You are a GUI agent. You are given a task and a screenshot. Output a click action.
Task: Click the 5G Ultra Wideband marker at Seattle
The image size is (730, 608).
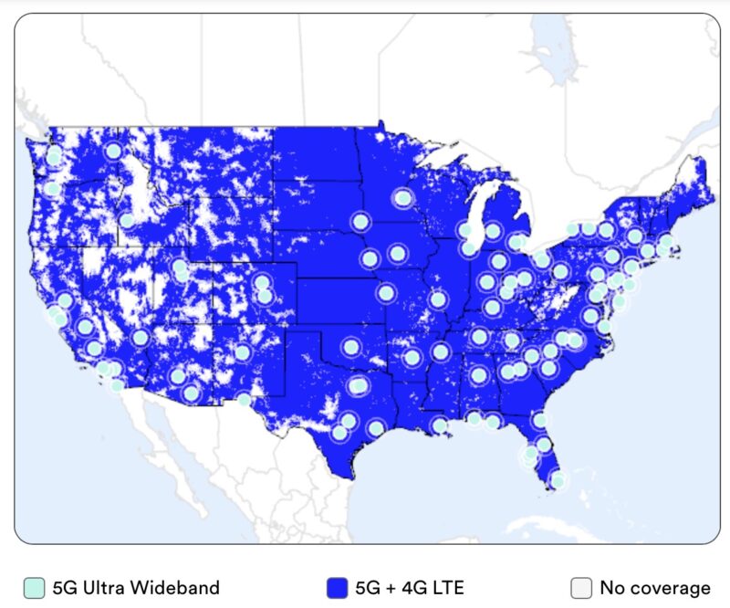[x=55, y=156]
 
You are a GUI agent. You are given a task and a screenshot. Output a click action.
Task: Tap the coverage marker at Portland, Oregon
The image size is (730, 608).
[x=52, y=190]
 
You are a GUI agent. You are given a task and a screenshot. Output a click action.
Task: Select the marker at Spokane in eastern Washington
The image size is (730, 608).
[x=114, y=152]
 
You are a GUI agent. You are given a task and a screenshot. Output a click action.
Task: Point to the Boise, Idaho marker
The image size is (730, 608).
[x=127, y=220]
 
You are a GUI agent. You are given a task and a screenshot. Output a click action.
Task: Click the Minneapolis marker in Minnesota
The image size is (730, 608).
[x=402, y=198]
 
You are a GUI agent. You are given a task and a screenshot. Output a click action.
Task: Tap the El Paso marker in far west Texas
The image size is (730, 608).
[x=244, y=400]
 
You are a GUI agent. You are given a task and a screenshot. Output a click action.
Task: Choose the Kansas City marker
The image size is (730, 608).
[x=386, y=293]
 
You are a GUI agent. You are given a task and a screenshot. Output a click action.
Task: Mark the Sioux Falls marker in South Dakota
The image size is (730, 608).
[x=361, y=222]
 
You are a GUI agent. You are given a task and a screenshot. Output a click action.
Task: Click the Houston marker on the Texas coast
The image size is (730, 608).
[x=376, y=427]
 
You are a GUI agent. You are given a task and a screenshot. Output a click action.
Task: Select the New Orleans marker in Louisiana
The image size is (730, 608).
[x=440, y=425]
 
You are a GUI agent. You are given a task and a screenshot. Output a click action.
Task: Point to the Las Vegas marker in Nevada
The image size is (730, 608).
[x=141, y=338]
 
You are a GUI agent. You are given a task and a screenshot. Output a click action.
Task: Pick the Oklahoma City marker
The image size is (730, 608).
[x=351, y=347]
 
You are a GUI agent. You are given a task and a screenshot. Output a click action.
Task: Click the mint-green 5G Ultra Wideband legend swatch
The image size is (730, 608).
[x=34, y=588]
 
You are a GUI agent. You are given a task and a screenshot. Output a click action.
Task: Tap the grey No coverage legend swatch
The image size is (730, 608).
[x=581, y=588]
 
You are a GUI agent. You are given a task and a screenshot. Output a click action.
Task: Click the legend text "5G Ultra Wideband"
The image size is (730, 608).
[x=135, y=588]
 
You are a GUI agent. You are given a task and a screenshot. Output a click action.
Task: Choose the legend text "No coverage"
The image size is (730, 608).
[x=655, y=588]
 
